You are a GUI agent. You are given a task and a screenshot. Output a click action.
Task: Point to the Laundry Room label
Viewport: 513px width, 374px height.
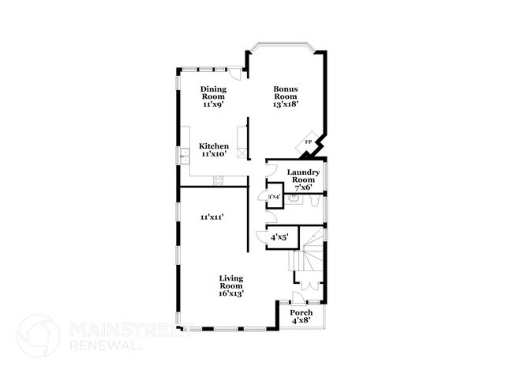(x=303, y=176)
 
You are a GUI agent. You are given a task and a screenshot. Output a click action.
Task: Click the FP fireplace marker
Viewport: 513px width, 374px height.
(x=309, y=143)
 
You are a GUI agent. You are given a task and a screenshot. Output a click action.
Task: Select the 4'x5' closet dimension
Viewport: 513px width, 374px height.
(x=279, y=236)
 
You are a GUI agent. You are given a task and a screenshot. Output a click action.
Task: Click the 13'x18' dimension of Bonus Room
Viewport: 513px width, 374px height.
(x=286, y=104)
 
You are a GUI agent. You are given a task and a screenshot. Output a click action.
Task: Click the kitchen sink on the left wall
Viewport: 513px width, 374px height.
(x=183, y=157)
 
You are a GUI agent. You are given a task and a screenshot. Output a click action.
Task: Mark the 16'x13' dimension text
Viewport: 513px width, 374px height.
(x=231, y=293)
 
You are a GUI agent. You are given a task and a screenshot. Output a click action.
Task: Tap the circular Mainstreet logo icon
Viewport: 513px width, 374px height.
(x=39, y=335)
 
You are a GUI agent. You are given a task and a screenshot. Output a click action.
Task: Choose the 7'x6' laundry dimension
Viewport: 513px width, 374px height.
(x=303, y=189)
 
